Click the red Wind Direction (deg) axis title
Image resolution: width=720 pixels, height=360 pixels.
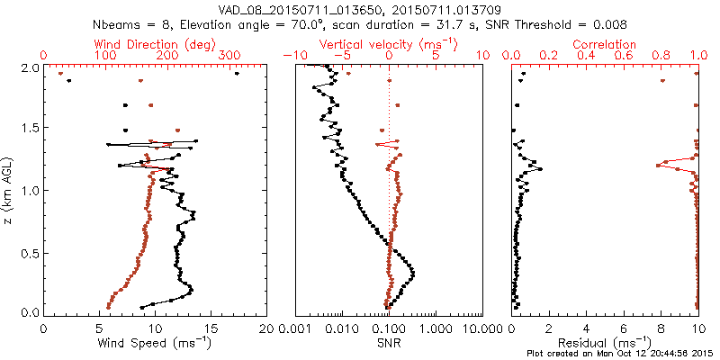155,44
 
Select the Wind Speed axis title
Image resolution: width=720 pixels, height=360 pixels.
156,342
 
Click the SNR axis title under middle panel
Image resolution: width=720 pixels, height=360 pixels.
389,342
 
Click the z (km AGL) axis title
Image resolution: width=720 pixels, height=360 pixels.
8,190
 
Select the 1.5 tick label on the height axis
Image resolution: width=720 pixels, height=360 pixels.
29,130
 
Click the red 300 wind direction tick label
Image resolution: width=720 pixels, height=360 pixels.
229,56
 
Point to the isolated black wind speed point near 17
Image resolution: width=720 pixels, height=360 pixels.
237,74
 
